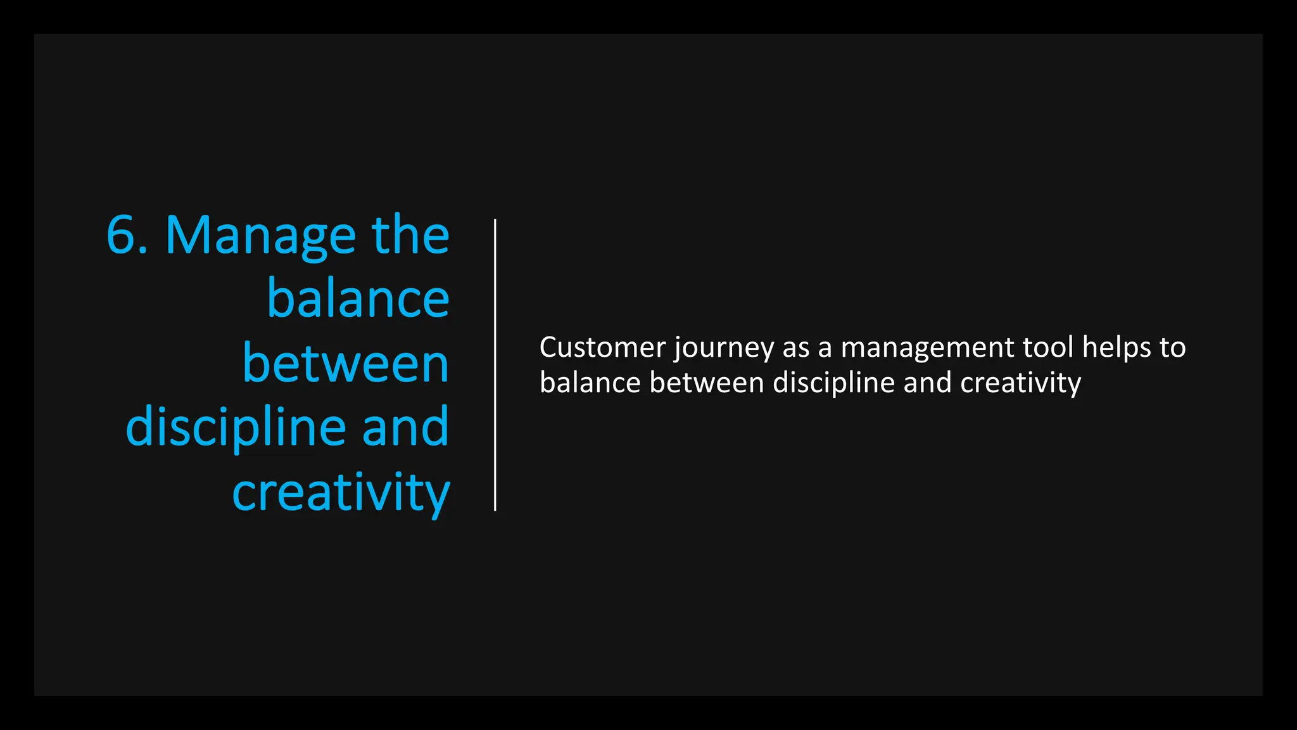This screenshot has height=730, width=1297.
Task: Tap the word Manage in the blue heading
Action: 260,236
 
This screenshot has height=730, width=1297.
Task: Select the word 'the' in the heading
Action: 410,235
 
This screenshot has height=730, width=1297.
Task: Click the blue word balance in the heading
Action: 358,299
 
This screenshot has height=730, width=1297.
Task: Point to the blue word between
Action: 346,364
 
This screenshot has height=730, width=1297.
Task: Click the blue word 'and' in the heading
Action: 405,427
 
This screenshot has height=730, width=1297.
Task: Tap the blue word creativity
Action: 341,493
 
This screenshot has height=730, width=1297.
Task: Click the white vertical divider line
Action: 495,365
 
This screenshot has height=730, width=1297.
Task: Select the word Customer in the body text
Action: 602,347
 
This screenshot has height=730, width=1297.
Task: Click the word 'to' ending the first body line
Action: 1172,347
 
